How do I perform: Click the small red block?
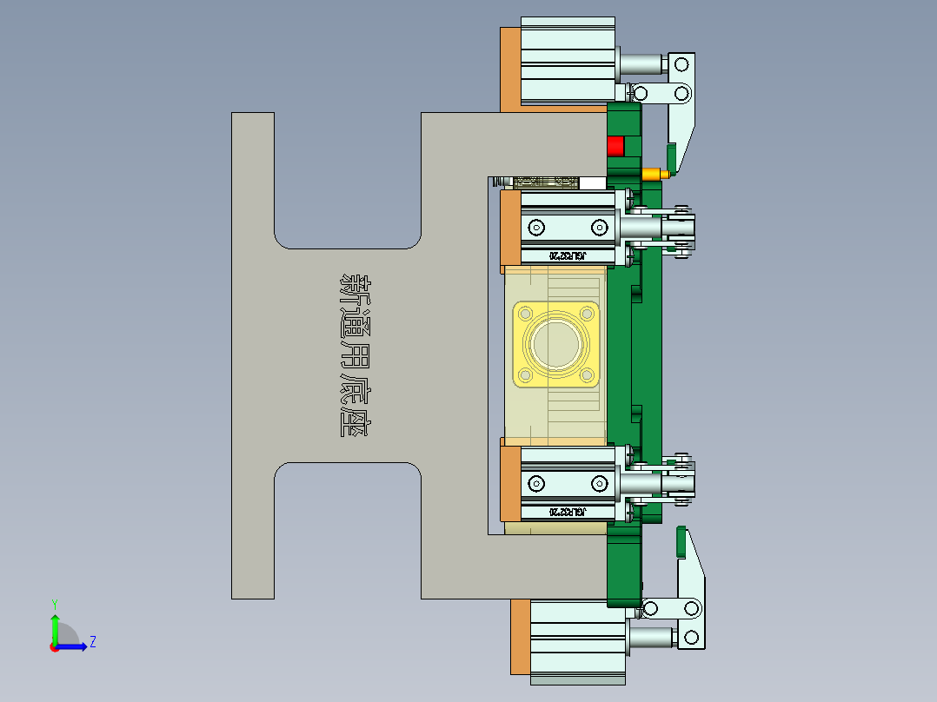point(615,146)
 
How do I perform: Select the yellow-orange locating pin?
point(655,174)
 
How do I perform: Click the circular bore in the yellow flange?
point(556,344)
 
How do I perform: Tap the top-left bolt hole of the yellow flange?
point(526,313)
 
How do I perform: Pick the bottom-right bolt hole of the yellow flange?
point(588,375)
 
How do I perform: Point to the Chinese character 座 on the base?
point(355,421)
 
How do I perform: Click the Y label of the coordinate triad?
point(54,603)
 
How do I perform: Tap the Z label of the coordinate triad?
point(92,642)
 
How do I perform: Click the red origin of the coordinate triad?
point(54,646)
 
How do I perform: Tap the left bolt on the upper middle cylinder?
point(536,228)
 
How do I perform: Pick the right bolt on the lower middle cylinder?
point(599,484)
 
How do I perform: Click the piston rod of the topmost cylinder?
point(641,64)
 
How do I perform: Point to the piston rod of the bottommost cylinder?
point(651,639)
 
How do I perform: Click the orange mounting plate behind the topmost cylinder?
point(509,70)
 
